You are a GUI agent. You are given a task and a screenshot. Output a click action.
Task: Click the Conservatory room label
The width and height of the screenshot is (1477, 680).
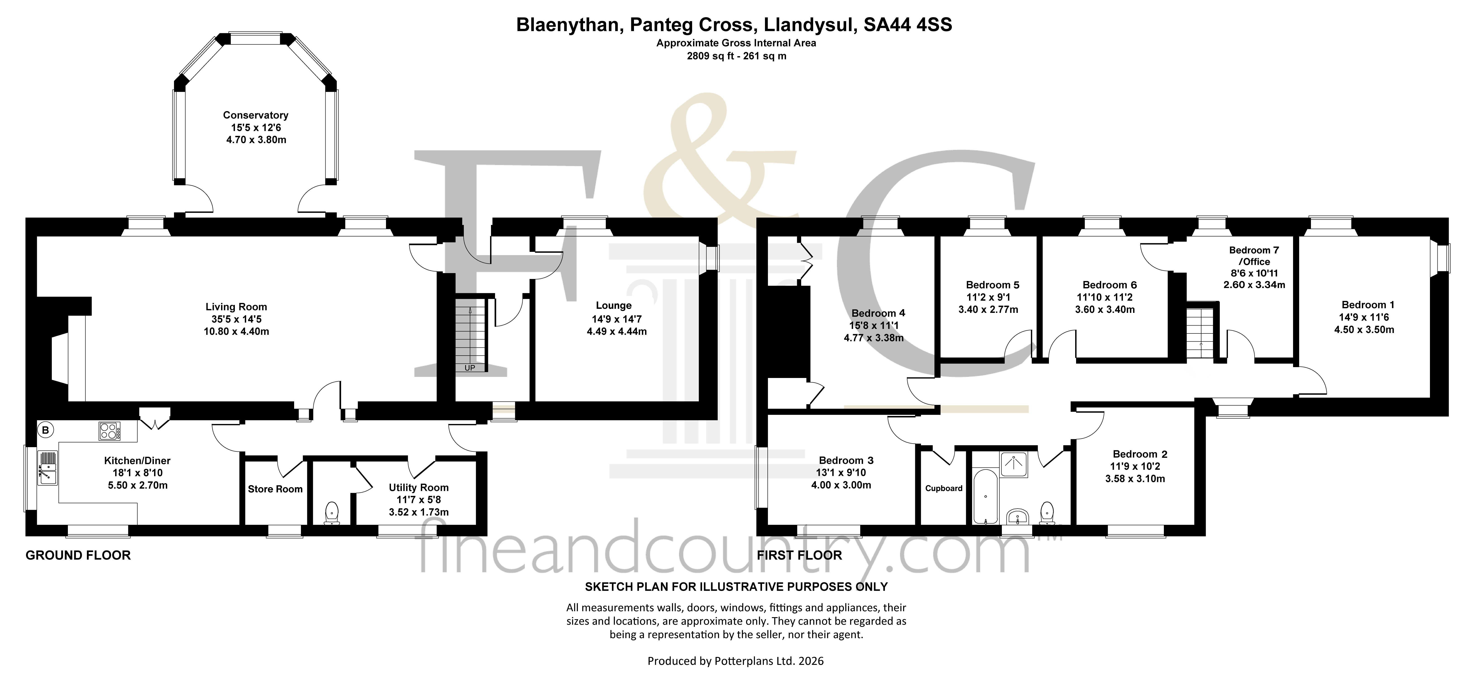click(256, 115)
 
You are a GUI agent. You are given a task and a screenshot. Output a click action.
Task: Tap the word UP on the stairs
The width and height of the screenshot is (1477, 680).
click(469, 368)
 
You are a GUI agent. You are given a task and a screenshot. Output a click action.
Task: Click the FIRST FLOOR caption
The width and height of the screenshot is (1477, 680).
click(799, 555)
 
